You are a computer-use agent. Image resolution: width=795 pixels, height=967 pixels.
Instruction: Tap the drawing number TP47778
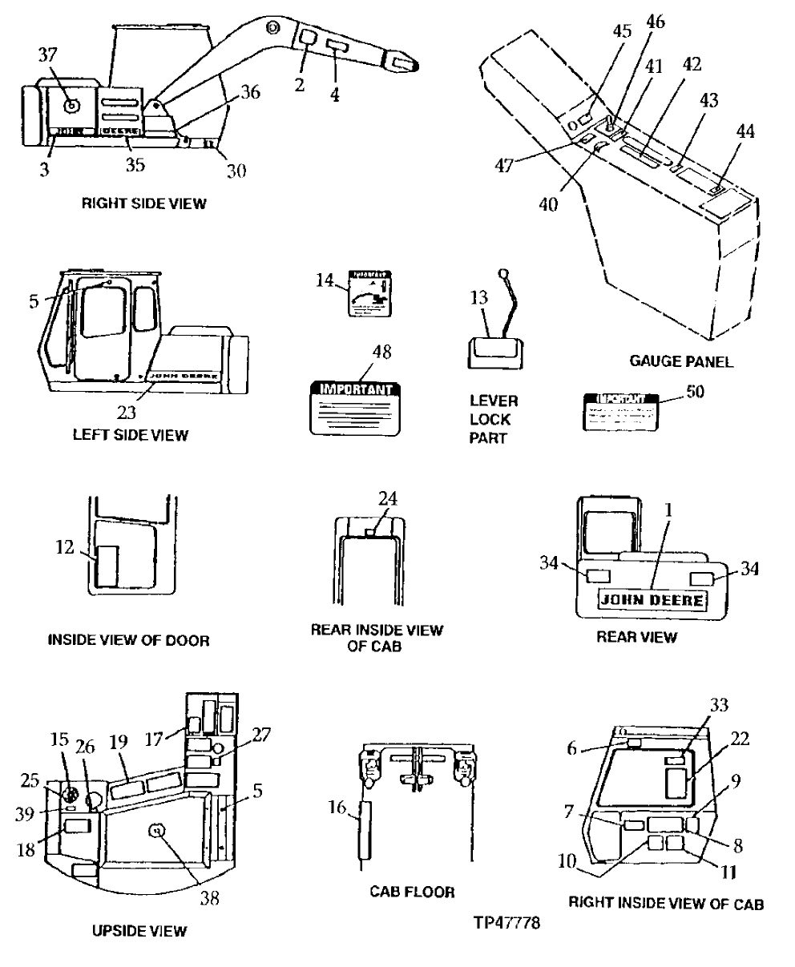508,922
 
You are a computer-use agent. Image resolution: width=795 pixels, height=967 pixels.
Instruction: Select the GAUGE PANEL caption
681,362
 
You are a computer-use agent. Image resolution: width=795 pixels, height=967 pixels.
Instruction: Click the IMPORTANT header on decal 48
356,390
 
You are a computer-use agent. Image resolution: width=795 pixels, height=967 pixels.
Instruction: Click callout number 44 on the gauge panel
746,131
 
